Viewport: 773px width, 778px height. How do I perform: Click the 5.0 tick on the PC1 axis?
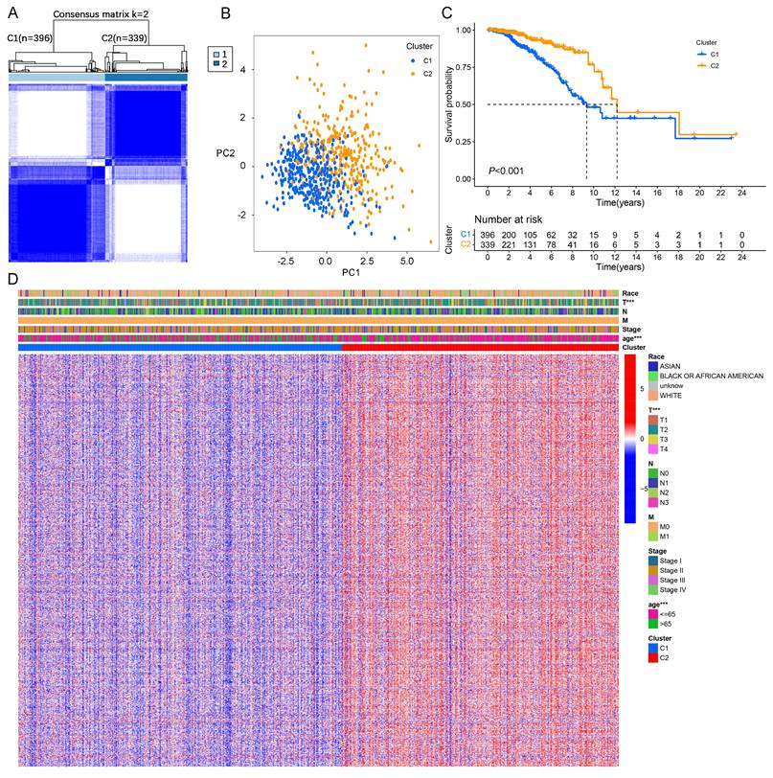click(x=406, y=260)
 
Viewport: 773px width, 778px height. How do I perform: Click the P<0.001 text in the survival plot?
click(x=509, y=172)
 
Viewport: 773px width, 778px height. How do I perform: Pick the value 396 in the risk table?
click(x=488, y=233)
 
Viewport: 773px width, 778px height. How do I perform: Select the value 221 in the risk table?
click(x=509, y=245)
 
